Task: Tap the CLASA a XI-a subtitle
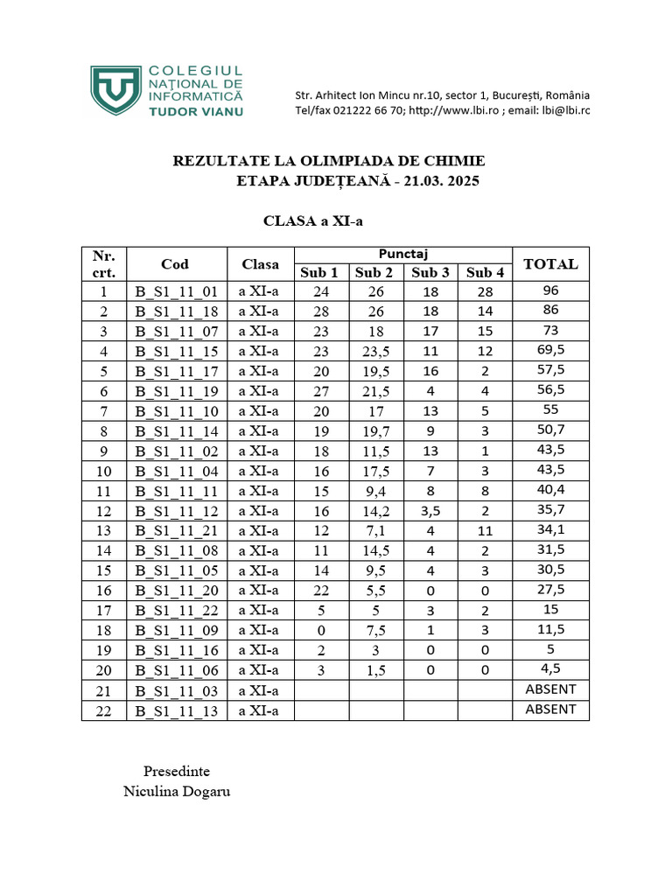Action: point(312,221)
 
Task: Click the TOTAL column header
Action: point(550,263)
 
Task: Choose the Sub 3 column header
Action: point(430,273)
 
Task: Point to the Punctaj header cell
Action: point(402,254)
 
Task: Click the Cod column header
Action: point(175,263)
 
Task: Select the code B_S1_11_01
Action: point(175,292)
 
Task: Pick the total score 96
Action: point(550,291)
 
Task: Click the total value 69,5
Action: point(550,351)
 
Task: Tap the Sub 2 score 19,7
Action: point(375,430)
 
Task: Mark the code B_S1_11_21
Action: point(175,531)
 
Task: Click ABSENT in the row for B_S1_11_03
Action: point(550,689)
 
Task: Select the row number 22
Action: point(104,710)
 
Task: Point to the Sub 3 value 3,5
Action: point(430,511)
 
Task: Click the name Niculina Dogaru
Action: point(178,792)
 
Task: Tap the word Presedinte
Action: point(177,772)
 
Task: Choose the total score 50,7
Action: point(550,430)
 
